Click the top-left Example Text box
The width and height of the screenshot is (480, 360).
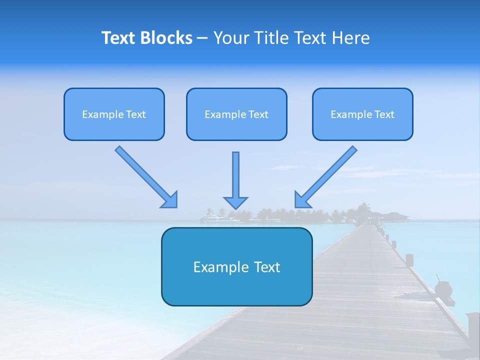114,114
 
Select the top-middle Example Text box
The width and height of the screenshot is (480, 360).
236,114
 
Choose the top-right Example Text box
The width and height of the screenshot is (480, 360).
362,114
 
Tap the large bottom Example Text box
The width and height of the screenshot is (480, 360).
236,266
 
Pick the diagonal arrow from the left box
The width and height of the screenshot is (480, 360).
145,175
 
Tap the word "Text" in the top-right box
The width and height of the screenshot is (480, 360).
384,114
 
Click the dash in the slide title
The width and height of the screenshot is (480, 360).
202,38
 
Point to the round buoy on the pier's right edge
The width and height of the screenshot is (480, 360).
443,289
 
